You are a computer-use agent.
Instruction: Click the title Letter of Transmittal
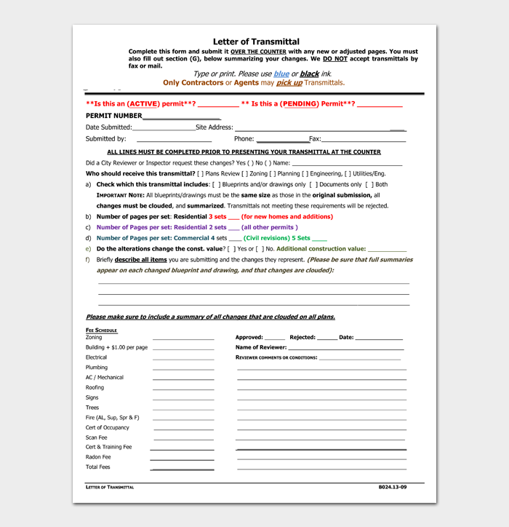click(256, 42)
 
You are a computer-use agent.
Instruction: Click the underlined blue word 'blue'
click(281, 74)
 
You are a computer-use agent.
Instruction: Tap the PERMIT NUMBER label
click(113, 116)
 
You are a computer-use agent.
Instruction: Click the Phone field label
click(244, 138)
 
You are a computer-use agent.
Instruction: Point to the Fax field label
click(315, 138)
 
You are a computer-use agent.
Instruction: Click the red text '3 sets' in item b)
click(217, 217)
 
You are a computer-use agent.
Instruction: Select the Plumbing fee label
click(97, 368)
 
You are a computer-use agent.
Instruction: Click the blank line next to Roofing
click(183, 389)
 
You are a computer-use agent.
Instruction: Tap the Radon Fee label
click(98, 457)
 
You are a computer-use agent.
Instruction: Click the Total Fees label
click(98, 467)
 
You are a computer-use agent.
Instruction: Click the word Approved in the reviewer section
click(249, 338)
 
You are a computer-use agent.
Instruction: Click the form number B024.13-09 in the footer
click(393, 486)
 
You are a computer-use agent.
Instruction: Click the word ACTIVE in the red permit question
click(144, 104)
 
